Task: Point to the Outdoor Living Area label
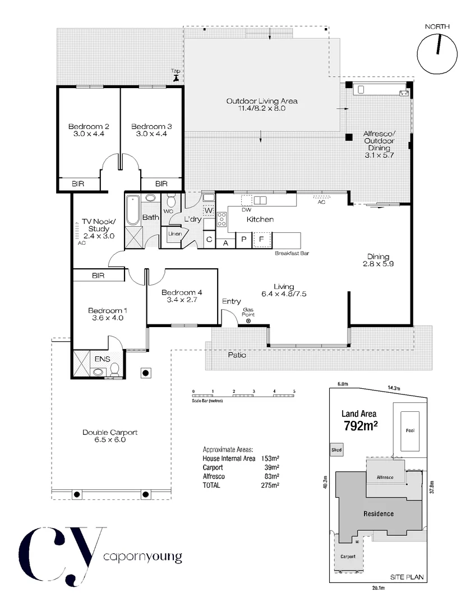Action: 261,105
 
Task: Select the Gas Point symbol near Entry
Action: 248,321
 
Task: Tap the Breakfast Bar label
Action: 292,254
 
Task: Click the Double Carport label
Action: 110,436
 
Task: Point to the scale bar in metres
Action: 243,396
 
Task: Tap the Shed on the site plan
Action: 336,450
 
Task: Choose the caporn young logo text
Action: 143,557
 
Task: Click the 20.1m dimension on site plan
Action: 379,588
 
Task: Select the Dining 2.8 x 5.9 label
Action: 379,260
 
